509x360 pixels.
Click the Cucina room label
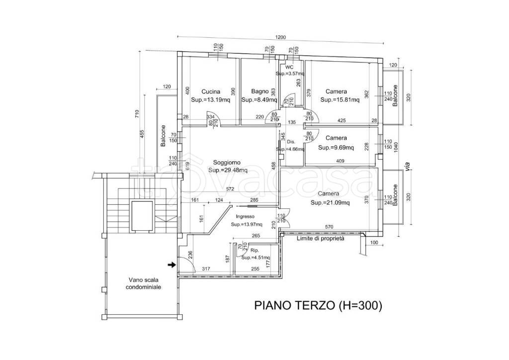click(x=211, y=92)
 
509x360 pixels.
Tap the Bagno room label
click(x=259, y=92)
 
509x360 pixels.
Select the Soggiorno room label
click(x=227, y=162)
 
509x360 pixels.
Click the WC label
click(x=290, y=67)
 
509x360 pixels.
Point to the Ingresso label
click(x=245, y=216)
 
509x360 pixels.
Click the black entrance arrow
click(x=171, y=265)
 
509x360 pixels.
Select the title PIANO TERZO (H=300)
click(x=318, y=305)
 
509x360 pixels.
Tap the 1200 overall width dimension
click(x=280, y=37)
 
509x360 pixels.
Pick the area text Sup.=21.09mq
click(x=330, y=203)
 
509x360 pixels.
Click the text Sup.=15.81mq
click(x=340, y=100)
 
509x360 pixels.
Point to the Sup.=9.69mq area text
click(x=336, y=148)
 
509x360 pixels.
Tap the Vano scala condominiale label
click(x=143, y=283)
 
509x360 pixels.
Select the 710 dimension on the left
click(x=137, y=114)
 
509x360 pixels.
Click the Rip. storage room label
click(x=254, y=251)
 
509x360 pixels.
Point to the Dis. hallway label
click(x=291, y=142)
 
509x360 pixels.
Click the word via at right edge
click(x=408, y=166)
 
